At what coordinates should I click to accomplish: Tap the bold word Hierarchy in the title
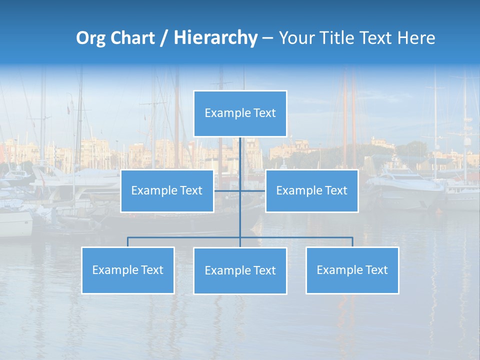point(215,38)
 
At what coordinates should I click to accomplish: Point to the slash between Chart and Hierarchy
point(163,38)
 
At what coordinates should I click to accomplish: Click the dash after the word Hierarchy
point(267,38)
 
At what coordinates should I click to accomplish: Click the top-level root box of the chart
point(240,113)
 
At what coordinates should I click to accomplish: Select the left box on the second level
point(167,191)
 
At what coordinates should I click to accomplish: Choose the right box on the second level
point(311,191)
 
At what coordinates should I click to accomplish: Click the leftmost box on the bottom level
point(127,270)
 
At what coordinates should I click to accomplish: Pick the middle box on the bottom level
point(240,271)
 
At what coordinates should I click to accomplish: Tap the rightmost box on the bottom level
point(352,270)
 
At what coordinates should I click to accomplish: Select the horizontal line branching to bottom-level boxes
point(185,237)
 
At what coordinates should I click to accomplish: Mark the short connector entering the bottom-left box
point(127,242)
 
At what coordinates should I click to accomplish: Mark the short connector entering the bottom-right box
point(352,242)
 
